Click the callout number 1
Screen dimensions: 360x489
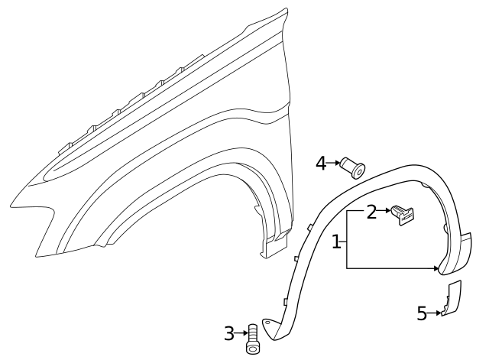pos(336,242)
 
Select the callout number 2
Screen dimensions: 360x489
pos(371,212)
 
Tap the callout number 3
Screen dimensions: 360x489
pos(228,332)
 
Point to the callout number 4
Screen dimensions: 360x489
pos(321,162)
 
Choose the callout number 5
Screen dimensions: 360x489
pos(421,313)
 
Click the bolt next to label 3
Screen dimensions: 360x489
pos(253,338)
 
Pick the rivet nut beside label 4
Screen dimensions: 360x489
pos(354,166)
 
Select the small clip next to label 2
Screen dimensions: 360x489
pos(403,217)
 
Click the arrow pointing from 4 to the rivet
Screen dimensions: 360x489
pos(335,163)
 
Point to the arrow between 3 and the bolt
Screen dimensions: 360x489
pos(241,332)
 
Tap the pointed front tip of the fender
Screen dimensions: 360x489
pos(15,205)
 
